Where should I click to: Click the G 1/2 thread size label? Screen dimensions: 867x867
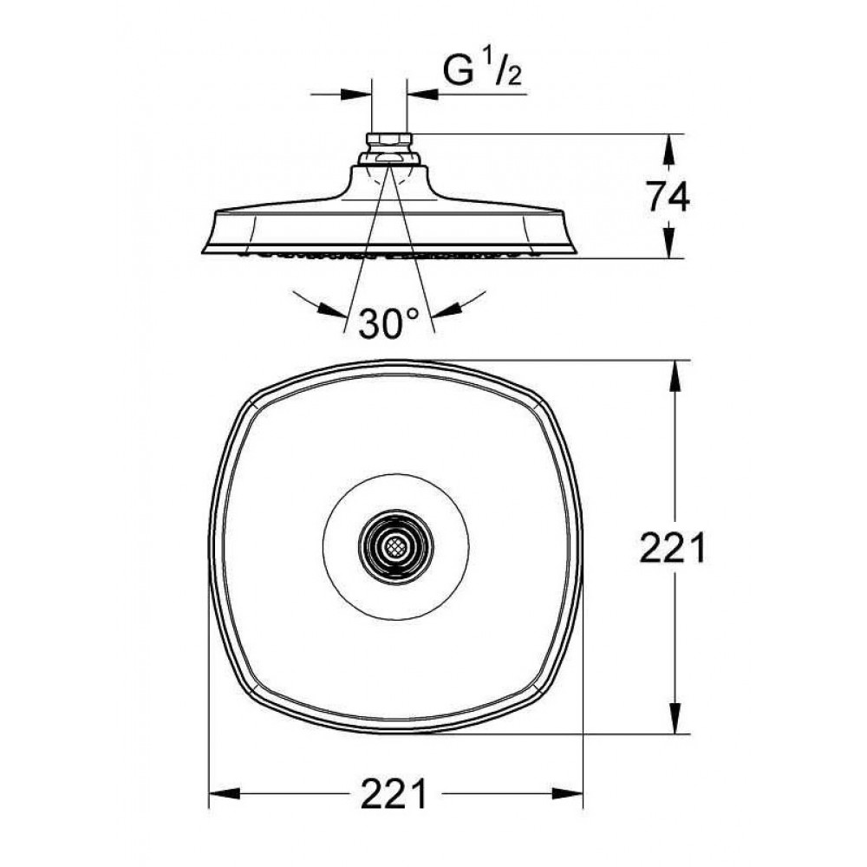point(482,68)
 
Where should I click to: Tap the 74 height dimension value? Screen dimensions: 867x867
point(668,197)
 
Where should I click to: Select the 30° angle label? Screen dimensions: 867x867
point(388,323)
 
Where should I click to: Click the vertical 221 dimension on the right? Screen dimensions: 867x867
point(673,547)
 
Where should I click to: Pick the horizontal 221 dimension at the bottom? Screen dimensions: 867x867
point(394,794)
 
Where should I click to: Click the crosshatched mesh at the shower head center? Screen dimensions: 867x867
point(395,547)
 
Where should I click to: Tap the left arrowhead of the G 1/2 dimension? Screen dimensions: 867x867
point(356,95)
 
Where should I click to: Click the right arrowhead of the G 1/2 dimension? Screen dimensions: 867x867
point(422,95)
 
